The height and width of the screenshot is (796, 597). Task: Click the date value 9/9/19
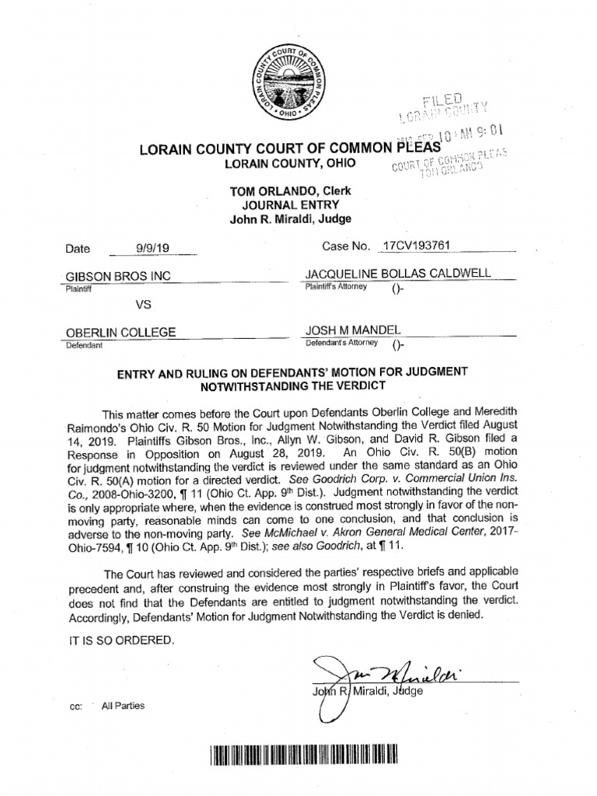(x=152, y=249)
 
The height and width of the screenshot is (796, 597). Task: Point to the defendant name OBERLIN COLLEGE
(x=120, y=333)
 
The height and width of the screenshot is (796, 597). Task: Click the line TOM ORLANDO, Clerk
(x=289, y=191)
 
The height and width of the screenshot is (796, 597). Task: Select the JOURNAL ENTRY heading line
(x=289, y=205)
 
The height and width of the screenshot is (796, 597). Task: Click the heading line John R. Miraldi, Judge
(x=289, y=219)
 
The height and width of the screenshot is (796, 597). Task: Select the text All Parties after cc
(x=123, y=706)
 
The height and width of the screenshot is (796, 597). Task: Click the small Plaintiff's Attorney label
(x=336, y=287)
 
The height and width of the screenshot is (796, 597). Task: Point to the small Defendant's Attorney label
(x=341, y=343)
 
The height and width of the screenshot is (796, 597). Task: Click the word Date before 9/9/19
(x=78, y=250)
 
